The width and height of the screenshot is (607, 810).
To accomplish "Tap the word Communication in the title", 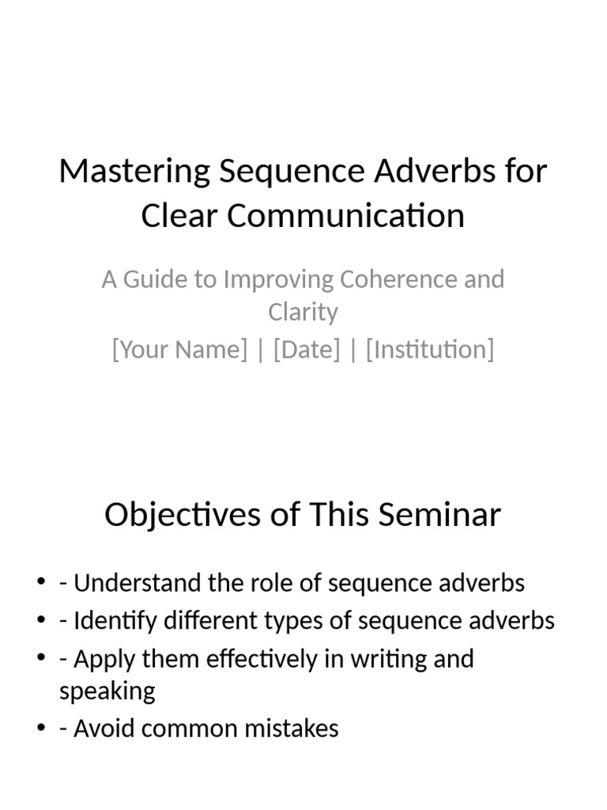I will coord(347,216).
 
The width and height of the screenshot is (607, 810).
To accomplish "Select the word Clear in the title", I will coord(179,216).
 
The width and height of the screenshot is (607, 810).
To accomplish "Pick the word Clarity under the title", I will coord(303,312).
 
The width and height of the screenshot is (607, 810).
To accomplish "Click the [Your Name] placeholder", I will coord(179,349).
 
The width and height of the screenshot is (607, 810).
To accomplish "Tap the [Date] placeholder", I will coord(307,349).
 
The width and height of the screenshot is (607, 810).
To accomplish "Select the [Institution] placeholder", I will coord(430,349).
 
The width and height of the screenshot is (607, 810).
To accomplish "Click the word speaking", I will coord(107,691).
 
